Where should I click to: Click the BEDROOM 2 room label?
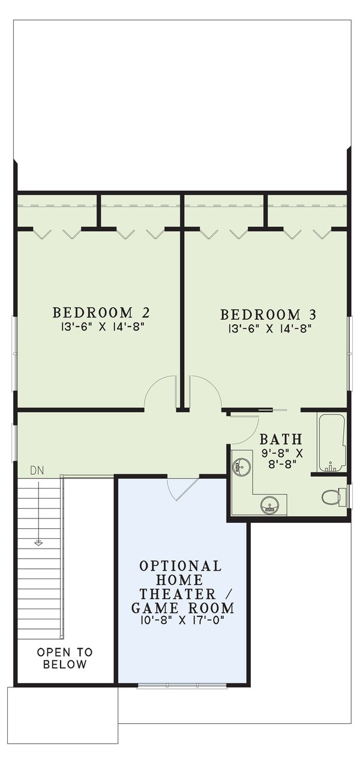[101, 313]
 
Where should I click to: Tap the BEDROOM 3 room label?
[268, 314]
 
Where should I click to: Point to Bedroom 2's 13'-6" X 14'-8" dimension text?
[101, 327]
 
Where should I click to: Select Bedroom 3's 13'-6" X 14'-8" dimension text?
[268, 329]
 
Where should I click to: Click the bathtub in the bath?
[331, 442]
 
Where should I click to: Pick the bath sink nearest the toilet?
[269, 505]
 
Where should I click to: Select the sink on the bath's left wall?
[242, 466]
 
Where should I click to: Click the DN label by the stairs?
[37, 471]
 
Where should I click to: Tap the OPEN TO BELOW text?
[65, 658]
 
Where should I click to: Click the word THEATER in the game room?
[170, 594]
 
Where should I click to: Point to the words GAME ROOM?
[182, 608]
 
